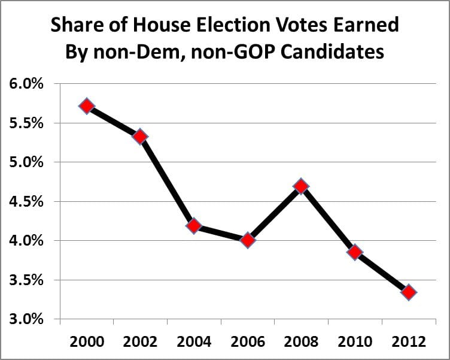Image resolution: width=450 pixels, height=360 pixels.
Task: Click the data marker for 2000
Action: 87,106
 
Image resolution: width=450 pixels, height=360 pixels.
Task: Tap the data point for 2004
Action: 194,226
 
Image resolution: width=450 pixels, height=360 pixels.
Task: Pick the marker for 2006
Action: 248,240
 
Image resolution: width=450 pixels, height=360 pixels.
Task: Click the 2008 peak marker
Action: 301,186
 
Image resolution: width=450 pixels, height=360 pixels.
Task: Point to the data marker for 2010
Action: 355,252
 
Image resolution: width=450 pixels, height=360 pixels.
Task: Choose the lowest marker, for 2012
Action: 409,292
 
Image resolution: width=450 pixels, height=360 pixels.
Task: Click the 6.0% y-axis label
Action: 26,84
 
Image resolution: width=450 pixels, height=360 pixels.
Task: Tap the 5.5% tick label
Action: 26,123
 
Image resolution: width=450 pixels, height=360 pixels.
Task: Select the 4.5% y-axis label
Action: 26,202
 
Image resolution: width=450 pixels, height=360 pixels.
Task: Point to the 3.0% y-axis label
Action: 26,319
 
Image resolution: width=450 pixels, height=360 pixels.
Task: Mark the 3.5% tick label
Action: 26,280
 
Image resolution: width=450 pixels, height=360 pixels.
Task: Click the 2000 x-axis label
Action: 87,341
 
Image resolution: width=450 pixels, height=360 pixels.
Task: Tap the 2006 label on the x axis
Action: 248,341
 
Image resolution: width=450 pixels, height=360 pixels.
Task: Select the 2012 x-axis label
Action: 409,341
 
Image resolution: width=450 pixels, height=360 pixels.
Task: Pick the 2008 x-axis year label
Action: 301,341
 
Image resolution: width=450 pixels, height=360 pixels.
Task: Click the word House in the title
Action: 153,26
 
